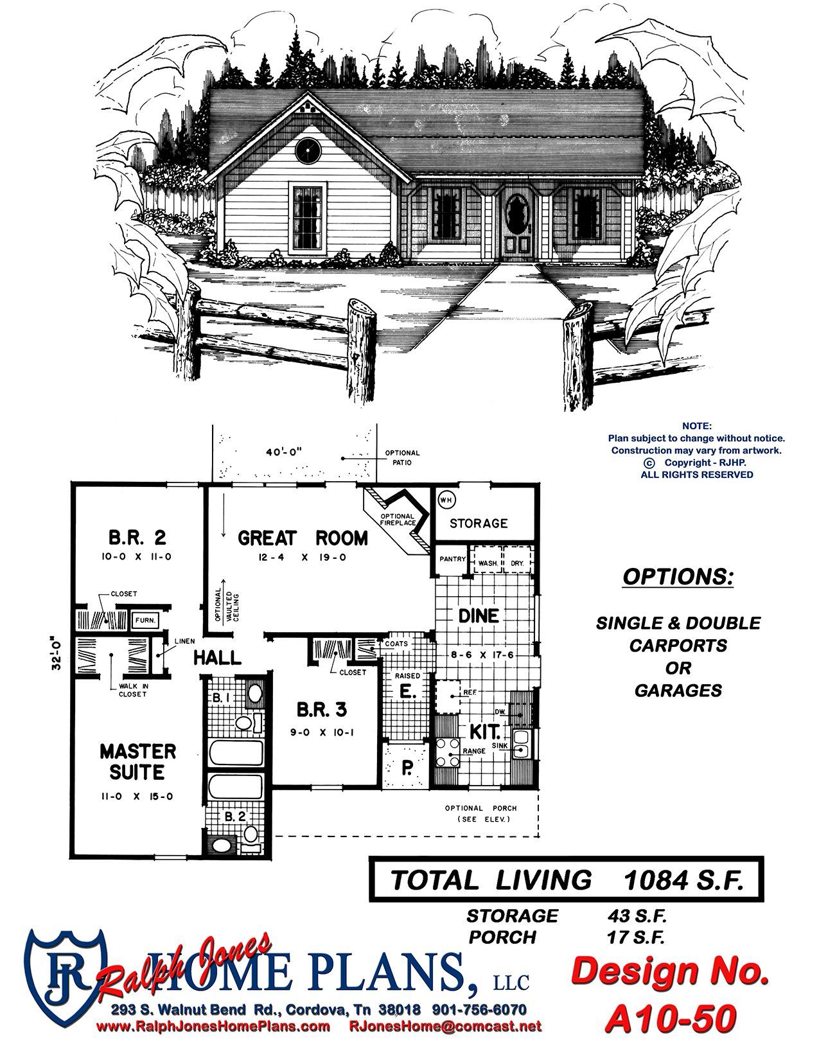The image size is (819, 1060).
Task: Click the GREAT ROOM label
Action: tap(303, 538)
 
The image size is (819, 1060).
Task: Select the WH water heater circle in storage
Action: tap(445, 500)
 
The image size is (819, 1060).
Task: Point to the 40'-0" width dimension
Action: tap(284, 451)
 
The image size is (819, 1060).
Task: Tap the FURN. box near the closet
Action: tap(145, 621)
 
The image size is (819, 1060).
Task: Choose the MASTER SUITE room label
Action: tap(138, 761)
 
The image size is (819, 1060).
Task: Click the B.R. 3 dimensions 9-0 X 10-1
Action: tap(322, 732)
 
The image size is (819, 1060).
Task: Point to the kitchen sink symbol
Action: tap(521, 744)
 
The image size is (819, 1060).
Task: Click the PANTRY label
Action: tap(452, 558)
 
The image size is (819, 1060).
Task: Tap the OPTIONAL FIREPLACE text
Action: tap(398, 520)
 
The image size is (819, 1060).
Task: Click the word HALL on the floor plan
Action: tap(218, 658)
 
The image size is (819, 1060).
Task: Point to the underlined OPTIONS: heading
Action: tap(678, 577)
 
